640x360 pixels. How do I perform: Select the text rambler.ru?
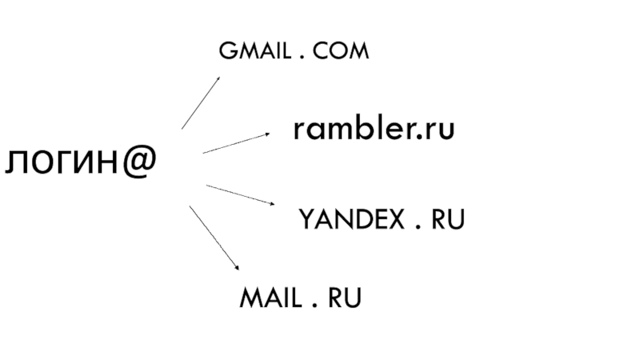(x=374, y=129)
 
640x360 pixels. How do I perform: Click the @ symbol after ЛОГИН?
(x=139, y=162)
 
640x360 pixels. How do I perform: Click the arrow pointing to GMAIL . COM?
(x=202, y=102)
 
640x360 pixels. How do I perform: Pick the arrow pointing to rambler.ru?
(x=237, y=142)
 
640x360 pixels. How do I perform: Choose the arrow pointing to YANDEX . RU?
(x=240, y=196)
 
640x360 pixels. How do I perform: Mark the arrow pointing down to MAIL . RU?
(x=214, y=238)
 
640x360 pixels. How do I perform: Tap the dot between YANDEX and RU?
(x=418, y=226)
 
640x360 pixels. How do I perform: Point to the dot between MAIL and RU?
(x=313, y=305)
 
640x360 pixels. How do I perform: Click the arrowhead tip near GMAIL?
(x=221, y=77)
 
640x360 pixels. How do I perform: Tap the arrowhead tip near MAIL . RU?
(x=238, y=269)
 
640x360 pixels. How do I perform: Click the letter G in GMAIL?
(x=226, y=53)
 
